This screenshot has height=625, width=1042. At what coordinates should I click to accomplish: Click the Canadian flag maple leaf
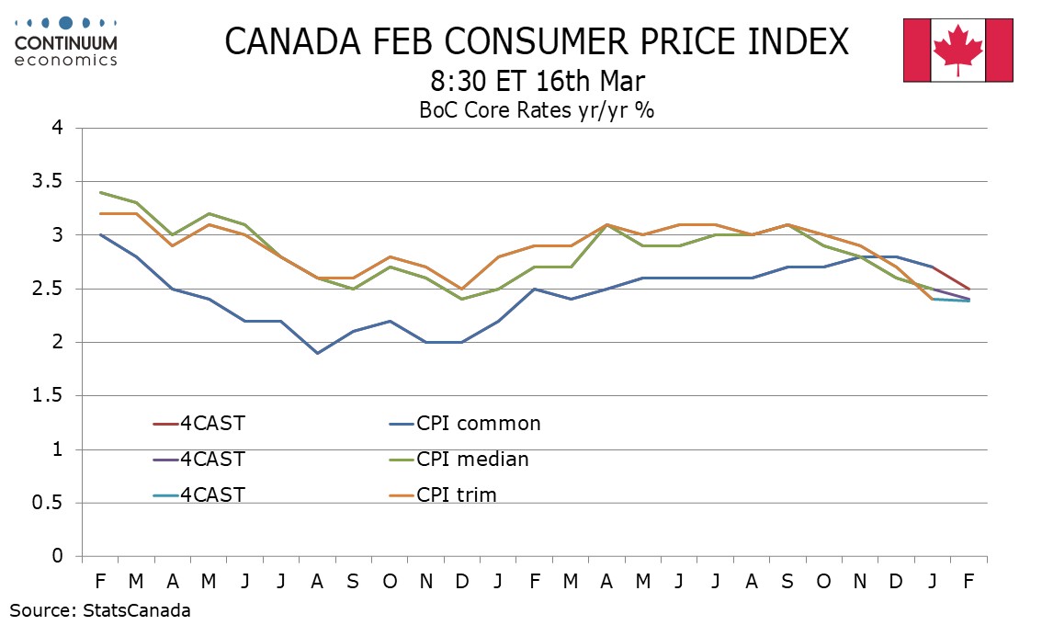click(x=957, y=49)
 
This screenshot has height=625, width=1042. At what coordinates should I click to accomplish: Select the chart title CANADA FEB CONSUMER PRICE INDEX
click(x=537, y=42)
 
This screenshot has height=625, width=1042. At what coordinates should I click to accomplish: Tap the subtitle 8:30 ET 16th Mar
click(x=537, y=82)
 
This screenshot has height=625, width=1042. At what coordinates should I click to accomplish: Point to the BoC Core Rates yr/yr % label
click(x=537, y=110)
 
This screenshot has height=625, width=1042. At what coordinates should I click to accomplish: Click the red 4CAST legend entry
click(x=198, y=424)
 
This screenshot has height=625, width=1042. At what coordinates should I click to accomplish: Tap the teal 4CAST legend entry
click(x=198, y=494)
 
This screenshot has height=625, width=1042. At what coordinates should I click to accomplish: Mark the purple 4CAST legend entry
click(x=198, y=459)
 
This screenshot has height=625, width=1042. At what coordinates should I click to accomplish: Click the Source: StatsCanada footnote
click(x=100, y=609)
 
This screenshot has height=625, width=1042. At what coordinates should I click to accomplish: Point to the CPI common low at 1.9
click(x=318, y=353)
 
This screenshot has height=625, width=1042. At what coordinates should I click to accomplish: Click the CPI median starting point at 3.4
click(x=100, y=193)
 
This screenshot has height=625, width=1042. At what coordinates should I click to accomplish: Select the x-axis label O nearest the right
click(x=823, y=582)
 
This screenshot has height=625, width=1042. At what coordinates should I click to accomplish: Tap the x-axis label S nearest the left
click(x=354, y=582)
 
